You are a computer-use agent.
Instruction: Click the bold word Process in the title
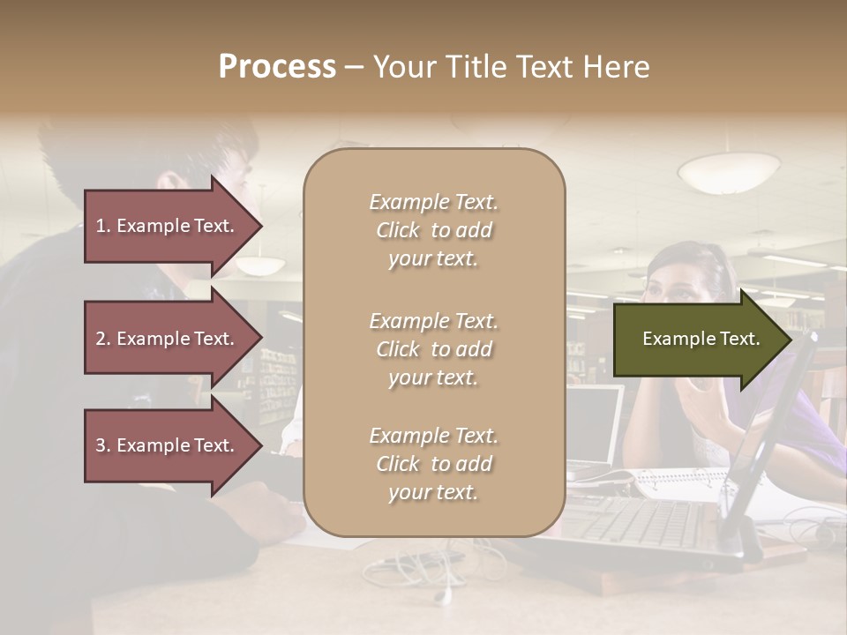[x=277, y=67]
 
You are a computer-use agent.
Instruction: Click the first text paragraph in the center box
[x=433, y=230]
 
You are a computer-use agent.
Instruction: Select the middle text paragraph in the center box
[x=433, y=349]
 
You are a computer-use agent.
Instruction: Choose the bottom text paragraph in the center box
[x=433, y=464]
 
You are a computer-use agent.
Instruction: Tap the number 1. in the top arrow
[x=103, y=226]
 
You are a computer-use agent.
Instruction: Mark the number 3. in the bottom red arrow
[x=103, y=445]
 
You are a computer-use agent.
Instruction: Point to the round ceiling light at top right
[x=728, y=170]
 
